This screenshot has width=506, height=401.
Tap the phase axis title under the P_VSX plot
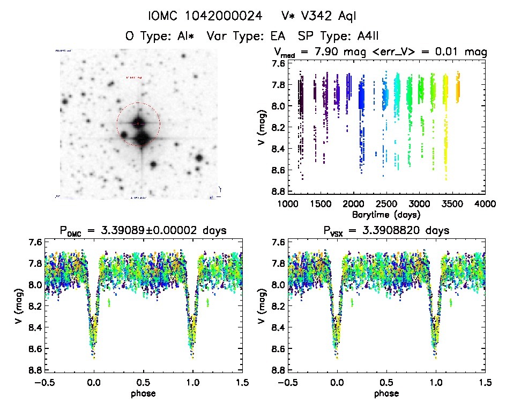click(386, 393)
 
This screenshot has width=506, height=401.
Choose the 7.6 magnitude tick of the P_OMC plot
click(34, 242)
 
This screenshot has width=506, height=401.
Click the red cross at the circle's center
click(138, 124)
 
